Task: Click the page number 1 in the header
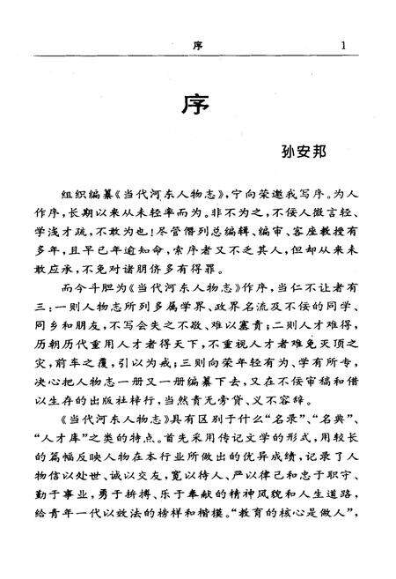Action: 343,46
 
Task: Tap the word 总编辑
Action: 212,231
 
